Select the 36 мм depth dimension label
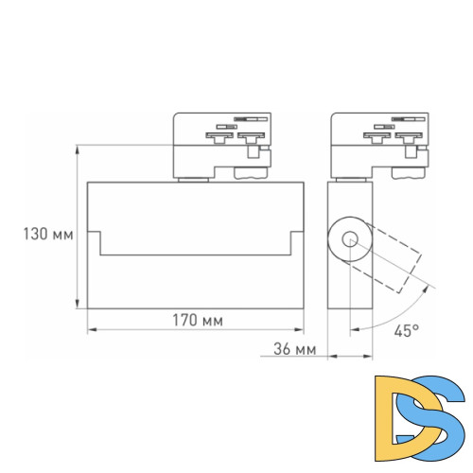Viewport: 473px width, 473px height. [x=293, y=349]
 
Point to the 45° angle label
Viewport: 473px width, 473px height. [x=406, y=331]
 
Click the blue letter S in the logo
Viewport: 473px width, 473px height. [x=439, y=420]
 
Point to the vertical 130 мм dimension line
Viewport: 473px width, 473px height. [x=78, y=227]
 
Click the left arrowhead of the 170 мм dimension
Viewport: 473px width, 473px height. [x=91, y=331]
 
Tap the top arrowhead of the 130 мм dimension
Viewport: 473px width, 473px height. [x=78, y=149]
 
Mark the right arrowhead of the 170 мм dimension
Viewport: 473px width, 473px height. [x=300, y=331]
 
